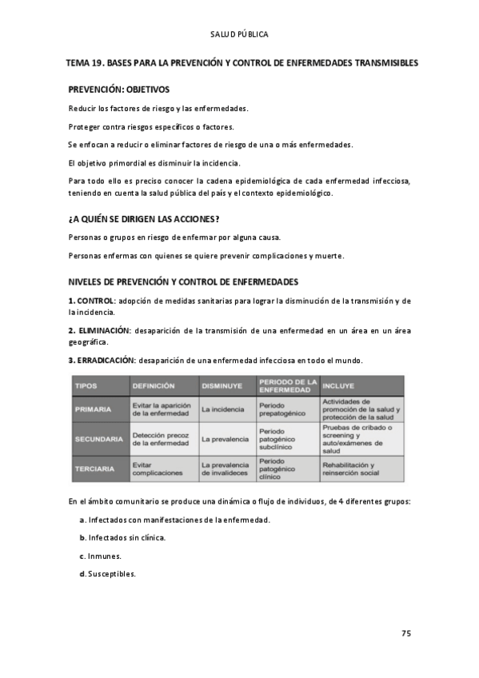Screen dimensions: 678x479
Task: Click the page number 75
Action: [405, 633]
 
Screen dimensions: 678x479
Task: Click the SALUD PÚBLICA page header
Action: [239, 34]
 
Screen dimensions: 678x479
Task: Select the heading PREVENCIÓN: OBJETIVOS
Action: [118, 90]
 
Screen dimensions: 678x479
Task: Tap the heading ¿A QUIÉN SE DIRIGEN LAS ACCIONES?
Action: [144, 219]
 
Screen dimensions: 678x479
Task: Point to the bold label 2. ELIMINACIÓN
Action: [98, 330]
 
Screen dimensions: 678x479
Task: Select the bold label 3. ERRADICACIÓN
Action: [100, 360]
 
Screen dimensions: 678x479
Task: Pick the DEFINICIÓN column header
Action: [154, 385]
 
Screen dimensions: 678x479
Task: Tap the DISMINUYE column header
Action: [222, 385]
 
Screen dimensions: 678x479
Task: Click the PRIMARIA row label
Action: [93, 409]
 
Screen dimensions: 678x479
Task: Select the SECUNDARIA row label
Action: [98, 439]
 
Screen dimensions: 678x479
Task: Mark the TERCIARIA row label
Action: [95, 469]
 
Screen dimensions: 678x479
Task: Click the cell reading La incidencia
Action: [223, 409]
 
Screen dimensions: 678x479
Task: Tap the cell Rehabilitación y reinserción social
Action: [350, 469]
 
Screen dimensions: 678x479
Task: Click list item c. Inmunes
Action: [100, 556]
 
